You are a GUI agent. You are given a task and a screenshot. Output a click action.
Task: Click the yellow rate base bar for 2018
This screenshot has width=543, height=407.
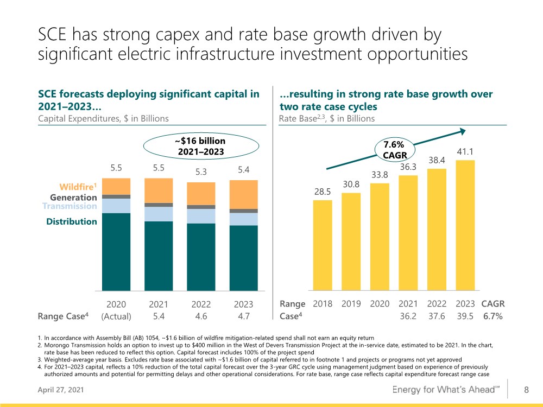click(323, 245)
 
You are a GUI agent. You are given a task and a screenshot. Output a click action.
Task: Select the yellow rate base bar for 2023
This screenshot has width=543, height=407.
click(465, 225)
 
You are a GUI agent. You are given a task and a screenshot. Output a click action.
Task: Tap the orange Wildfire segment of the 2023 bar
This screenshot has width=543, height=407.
click(243, 194)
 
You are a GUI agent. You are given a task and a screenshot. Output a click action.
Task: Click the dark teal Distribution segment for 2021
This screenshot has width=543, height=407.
click(159, 256)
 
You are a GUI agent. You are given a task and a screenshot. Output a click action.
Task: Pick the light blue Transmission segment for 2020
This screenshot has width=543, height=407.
click(116, 206)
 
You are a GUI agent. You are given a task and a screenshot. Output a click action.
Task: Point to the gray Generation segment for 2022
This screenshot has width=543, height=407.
click(201, 207)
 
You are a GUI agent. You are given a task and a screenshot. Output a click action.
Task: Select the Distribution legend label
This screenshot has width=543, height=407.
click(72, 221)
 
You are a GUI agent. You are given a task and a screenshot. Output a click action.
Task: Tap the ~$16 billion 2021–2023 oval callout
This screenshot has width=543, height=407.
click(201, 146)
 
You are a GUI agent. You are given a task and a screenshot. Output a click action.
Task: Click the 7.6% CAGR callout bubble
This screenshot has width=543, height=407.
click(394, 150)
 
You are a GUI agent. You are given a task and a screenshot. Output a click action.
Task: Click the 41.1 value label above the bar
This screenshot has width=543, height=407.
click(465, 151)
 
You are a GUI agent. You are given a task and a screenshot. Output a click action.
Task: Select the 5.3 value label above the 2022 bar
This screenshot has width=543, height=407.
click(201, 172)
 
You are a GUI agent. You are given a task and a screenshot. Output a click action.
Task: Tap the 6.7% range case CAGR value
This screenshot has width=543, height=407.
click(493, 316)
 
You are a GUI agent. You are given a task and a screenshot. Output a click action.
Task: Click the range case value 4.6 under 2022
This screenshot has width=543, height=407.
click(201, 316)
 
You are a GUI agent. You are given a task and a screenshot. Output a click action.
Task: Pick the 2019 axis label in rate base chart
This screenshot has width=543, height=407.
click(351, 304)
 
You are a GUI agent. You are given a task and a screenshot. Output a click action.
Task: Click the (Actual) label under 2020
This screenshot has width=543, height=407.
click(116, 316)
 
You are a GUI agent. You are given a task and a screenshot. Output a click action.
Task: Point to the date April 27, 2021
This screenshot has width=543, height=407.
click(61, 390)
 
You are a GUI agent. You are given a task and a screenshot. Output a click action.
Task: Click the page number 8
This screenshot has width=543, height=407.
click(526, 390)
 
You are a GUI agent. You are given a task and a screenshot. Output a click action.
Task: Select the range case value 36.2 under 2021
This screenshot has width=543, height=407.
click(408, 316)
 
